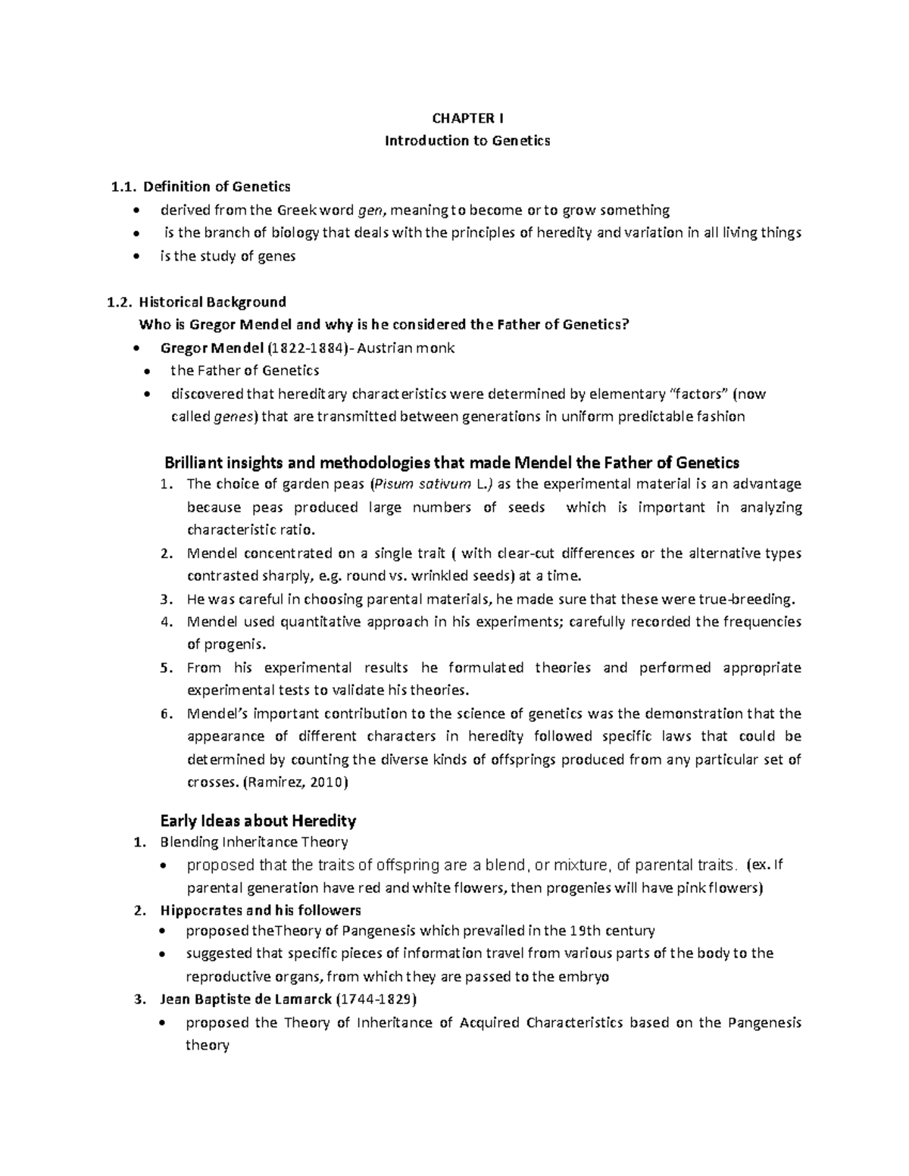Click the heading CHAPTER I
pos(467,118)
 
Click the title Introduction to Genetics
pos(467,141)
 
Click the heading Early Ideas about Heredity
pos(258,821)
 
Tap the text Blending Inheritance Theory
pos(254,842)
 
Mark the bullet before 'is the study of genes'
pos(136,257)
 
